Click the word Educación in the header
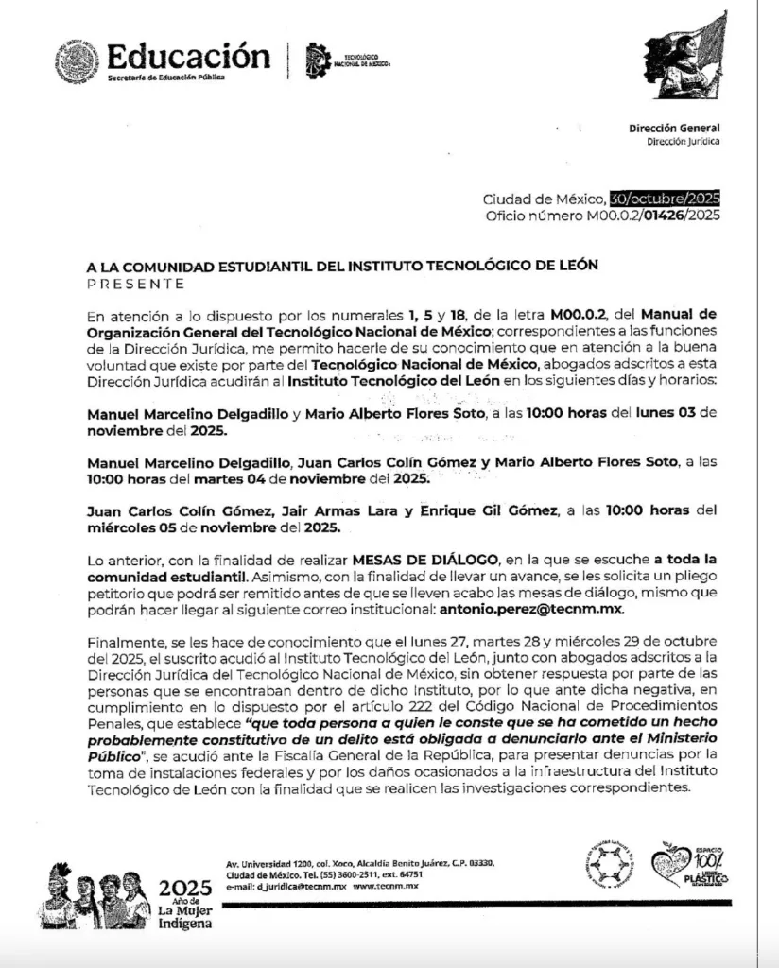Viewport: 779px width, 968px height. [x=182, y=55]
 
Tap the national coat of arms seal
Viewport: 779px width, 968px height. [x=77, y=60]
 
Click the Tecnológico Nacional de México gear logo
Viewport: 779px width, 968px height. [x=318, y=60]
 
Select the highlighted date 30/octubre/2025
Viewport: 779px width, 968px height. [x=665, y=199]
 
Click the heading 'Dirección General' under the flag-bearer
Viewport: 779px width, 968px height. [x=673, y=129]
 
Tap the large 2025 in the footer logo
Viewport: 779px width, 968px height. [x=185, y=888]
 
